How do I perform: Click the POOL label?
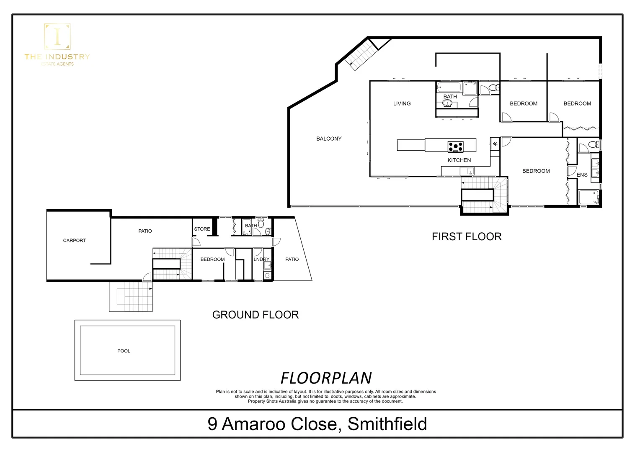124,351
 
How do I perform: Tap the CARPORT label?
74,240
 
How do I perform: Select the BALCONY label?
329,139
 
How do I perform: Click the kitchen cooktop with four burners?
455,146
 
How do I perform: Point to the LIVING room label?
402,103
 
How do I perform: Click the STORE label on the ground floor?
202,229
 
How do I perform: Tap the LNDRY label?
261,259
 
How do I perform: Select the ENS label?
582,175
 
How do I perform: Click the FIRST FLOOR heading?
467,236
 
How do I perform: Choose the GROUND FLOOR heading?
255,315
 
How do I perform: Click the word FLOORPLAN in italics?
326,378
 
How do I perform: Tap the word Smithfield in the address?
387,424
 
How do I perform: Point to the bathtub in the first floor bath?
449,87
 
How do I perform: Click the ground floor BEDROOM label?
212,259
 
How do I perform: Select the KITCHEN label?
459,160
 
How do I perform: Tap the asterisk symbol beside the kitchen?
495,144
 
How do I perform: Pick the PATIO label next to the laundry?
292,259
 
